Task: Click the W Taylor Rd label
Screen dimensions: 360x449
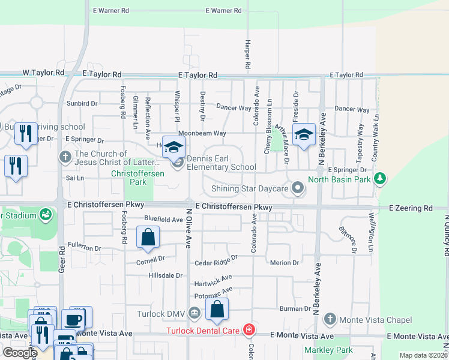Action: click(43, 73)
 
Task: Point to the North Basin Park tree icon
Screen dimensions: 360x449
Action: click(379, 179)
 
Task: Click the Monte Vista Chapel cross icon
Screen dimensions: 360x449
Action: click(328, 319)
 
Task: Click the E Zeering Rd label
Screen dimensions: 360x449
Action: click(411, 208)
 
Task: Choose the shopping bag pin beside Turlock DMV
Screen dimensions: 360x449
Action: click(217, 309)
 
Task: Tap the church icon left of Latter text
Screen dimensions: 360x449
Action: click(66, 157)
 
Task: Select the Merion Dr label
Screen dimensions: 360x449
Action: click(285, 263)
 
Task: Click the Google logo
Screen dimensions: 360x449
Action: click(19, 352)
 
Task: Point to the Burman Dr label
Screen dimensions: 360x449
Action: click(295, 308)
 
